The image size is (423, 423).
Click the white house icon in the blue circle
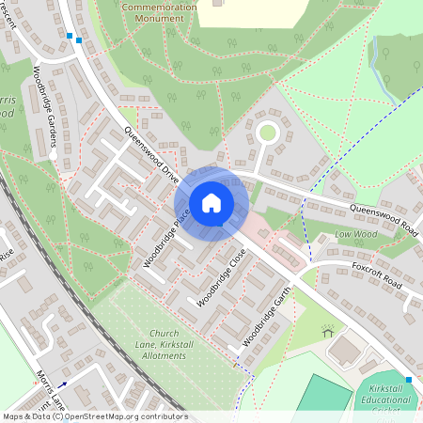[x=211, y=202]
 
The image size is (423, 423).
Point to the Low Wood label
[x=355, y=235]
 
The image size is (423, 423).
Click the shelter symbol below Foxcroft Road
[x=328, y=331]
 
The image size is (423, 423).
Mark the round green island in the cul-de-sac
[x=268, y=132]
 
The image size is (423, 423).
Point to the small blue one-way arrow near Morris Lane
[x=62, y=384]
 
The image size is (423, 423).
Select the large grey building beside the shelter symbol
[x=348, y=351]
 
